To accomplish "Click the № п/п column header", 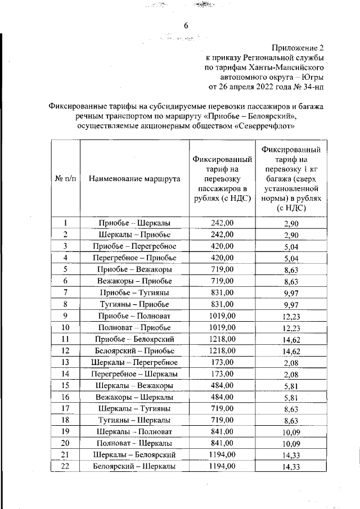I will tap(65, 178).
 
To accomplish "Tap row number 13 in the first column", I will tap(65, 362).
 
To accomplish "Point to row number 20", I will tap(65, 443).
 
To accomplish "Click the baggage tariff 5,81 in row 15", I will tap(291, 386).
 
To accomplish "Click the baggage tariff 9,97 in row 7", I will tap(291, 293).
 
